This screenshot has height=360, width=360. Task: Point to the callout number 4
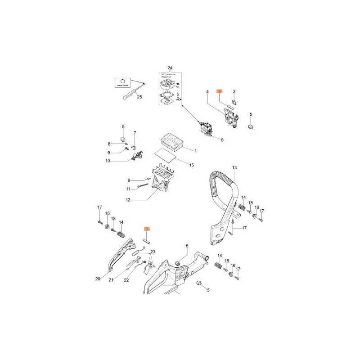(x=207, y=92)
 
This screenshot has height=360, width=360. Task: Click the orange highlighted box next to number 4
(x=219, y=91)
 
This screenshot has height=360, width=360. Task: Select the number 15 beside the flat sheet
(x=191, y=165)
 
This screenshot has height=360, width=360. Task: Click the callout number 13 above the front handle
(x=234, y=167)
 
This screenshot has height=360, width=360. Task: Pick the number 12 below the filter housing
(x=128, y=200)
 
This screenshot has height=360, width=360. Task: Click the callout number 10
(x=108, y=161)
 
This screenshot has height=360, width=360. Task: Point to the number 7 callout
(x=135, y=133)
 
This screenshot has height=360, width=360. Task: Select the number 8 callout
(x=109, y=144)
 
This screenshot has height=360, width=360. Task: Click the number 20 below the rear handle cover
(x=98, y=279)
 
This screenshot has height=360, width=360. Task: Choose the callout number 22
(x=126, y=280)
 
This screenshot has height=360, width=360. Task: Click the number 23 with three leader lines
(x=153, y=252)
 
